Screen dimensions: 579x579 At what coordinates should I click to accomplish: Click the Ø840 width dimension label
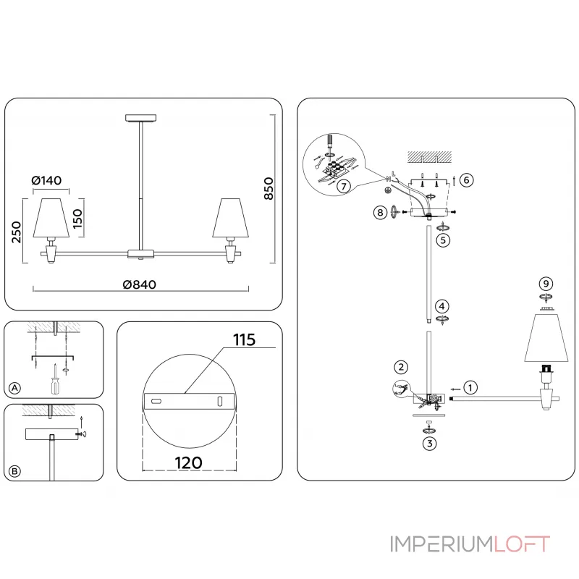[x=140, y=284]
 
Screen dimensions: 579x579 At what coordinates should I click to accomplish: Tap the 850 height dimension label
[x=268, y=188]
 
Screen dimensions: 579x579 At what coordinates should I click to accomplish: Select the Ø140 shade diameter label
[x=48, y=180]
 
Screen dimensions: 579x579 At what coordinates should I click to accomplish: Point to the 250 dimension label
[x=17, y=232]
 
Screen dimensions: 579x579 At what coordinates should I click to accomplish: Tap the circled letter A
[x=14, y=389]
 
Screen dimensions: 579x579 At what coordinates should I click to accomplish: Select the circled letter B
[x=14, y=471]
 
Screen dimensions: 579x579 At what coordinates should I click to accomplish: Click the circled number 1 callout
[x=470, y=387]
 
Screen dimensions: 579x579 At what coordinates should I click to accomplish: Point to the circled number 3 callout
[x=431, y=444]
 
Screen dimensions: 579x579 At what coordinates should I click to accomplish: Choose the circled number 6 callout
[x=467, y=180]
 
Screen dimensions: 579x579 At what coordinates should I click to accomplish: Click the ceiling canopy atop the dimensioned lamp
[x=140, y=117]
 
